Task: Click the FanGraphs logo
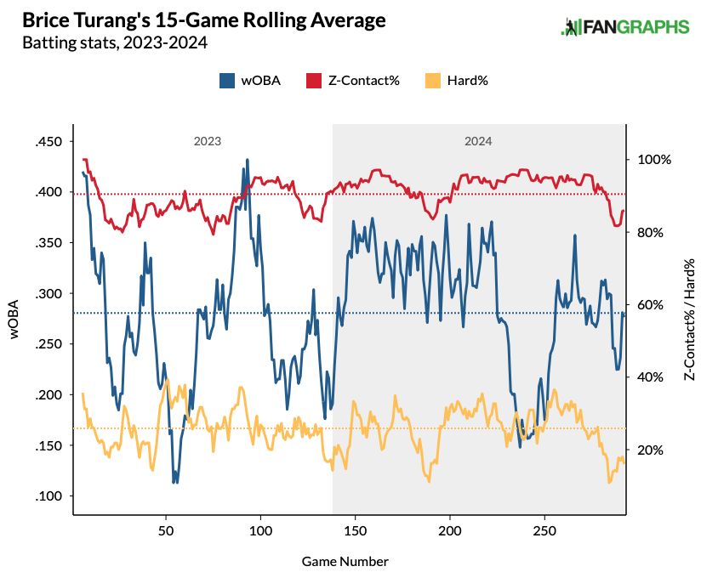click(x=625, y=26)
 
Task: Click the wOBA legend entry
click(x=250, y=81)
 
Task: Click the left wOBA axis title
click(x=14, y=320)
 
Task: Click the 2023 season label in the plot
click(x=208, y=142)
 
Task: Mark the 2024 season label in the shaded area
click(x=478, y=142)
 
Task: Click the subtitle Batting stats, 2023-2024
click(x=115, y=42)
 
